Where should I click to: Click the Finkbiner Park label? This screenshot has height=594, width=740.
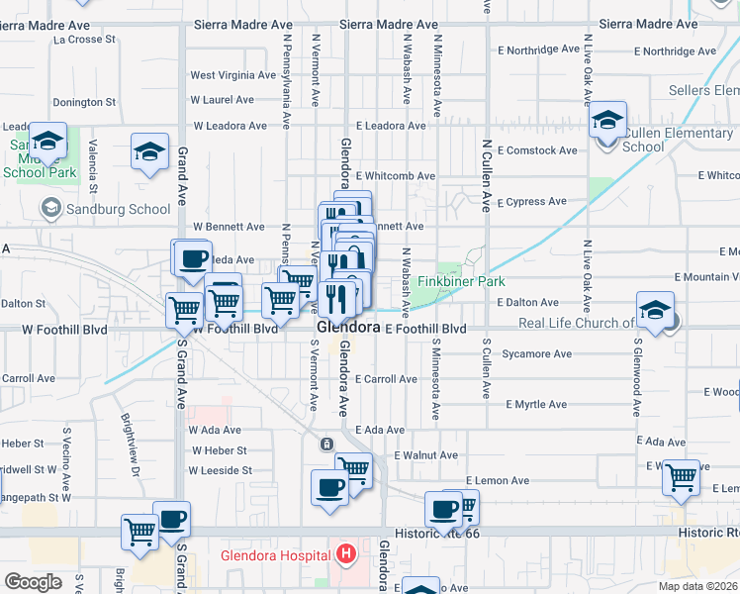(x=460, y=282)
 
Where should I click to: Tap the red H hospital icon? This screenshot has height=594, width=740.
(x=345, y=554)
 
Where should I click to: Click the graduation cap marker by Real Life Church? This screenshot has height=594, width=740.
(x=655, y=311)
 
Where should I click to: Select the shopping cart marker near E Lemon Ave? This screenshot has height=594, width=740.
(x=681, y=477)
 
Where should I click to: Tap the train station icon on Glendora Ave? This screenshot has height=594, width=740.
(x=326, y=445)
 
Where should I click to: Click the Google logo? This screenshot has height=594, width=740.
(x=33, y=582)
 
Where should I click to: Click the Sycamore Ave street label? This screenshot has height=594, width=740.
(x=536, y=353)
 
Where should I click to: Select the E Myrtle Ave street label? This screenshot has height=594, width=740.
(x=536, y=404)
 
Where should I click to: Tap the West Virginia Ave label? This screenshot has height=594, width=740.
(x=232, y=74)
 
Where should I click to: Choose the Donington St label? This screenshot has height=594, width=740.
(x=84, y=102)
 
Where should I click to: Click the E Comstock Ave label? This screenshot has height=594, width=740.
(x=537, y=150)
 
